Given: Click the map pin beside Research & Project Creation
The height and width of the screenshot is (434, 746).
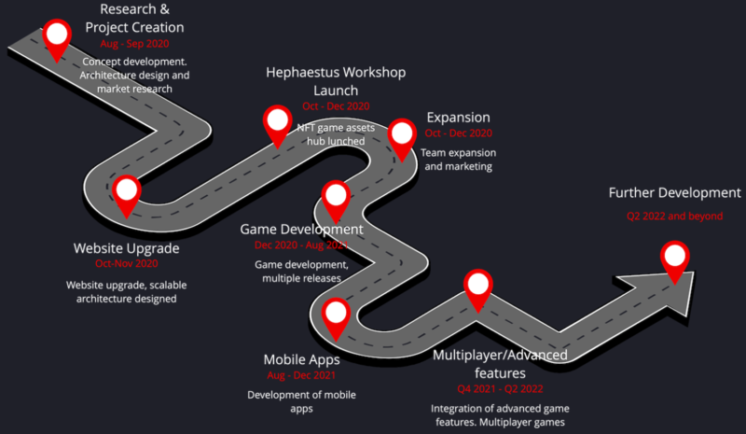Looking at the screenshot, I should [x=58, y=37].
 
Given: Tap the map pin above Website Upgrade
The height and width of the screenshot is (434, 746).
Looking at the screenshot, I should [x=126, y=193].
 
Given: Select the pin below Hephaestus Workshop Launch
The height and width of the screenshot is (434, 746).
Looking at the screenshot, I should [x=277, y=123].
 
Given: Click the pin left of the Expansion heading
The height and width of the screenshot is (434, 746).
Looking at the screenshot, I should [x=402, y=136].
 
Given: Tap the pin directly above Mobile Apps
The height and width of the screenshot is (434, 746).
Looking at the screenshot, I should [x=335, y=316].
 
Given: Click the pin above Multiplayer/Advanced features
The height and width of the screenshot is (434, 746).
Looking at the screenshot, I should [x=477, y=287].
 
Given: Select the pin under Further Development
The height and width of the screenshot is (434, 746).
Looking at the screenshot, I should [x=675, y=259].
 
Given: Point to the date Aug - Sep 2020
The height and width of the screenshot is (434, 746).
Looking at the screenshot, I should [x=134, y=44].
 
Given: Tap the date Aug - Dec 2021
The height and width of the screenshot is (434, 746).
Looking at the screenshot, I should [x=301, y=374].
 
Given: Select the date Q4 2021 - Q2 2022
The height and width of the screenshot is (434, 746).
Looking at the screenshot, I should [x=500, y=388].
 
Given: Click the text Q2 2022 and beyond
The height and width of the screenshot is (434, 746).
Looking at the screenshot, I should [x=674, y=216].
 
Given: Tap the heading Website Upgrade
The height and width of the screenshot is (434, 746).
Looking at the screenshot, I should [x=126, y=248].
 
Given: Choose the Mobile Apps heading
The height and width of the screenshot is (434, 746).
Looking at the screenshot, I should [x=301, y=358].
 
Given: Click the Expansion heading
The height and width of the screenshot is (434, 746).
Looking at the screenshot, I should [x=458, y=118].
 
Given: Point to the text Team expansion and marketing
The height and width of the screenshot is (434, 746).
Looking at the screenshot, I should [x=458, y=160].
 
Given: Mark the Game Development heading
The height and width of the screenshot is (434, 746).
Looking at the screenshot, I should [x=301, y=229].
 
